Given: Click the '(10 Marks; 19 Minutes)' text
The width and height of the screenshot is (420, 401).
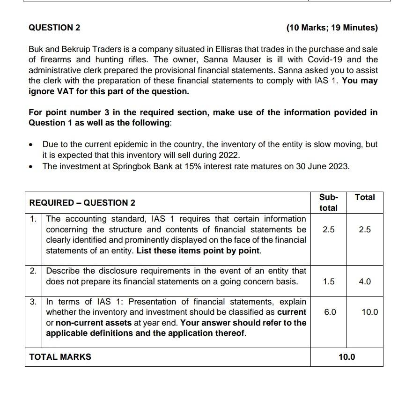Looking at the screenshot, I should click(332, 28).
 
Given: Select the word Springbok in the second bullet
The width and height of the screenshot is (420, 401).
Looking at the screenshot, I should click(130, 166).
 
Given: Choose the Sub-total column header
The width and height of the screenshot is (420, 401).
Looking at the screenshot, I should click(328, 202).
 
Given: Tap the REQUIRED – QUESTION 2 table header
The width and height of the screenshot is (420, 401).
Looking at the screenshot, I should click(82, 203).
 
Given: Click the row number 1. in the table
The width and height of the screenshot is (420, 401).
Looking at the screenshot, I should click(33, 219).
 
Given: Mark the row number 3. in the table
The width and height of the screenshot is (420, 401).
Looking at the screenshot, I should click(33, 302).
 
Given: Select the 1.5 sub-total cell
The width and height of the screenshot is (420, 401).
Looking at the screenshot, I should click(329, 282).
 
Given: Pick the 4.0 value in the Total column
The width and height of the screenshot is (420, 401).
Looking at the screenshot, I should click(365, 282).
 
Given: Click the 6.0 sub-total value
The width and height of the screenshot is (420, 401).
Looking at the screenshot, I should click(330, 312).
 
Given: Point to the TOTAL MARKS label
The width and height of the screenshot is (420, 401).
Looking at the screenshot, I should click(60, 357).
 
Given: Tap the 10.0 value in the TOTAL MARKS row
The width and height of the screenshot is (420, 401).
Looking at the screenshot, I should click(346, 357).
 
